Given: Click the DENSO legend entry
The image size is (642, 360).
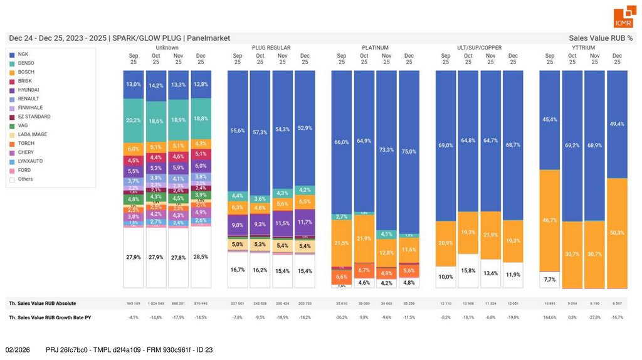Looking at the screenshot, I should point(26,63).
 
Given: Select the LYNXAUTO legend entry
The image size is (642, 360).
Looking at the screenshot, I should point(30,161).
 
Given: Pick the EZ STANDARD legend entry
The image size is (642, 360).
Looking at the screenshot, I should point(34,117).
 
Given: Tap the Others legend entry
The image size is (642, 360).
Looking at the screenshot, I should point(26,179).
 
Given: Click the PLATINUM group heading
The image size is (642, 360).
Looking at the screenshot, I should point(375,48).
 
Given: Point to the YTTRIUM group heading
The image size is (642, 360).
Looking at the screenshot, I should point(583,48).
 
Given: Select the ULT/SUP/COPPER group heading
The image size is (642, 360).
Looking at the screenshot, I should point(479,48).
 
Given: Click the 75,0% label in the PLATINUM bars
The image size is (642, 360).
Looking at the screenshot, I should point(409,151).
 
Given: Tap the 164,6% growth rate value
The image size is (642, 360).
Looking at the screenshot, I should point(550,317).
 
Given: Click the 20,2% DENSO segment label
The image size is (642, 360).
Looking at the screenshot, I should point(134,120).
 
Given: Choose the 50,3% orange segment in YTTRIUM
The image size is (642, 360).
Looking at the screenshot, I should point(617,233).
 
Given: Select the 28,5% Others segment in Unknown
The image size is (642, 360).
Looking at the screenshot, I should point(201,257).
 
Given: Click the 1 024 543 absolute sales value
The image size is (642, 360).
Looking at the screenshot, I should point(156,303).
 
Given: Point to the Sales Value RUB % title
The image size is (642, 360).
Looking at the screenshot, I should point(601,38).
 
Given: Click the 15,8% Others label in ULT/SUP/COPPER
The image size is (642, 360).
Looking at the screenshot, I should point(468,271).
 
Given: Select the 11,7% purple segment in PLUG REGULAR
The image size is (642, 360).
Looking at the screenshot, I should point(305,222).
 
